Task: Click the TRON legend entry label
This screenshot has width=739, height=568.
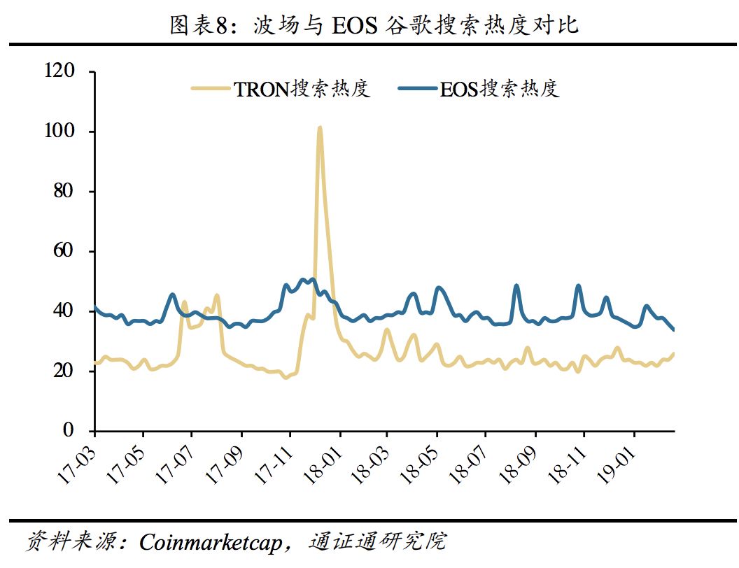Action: coord(302,90)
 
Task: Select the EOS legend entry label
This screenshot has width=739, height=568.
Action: coord(500,90)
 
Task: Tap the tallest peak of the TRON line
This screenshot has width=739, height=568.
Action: coord(320,128)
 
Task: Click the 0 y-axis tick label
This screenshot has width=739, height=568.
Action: coord(68,430)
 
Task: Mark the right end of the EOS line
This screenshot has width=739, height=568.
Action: coord(673,329)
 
